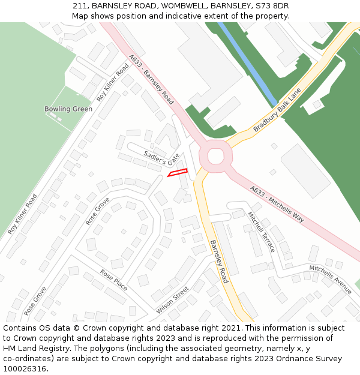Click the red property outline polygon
[x=178, y=173]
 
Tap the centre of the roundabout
[x=215, y=157]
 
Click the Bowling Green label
[x=68, y=109]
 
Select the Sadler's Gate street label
[x=161, y=158]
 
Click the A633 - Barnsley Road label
[x=151, y=80]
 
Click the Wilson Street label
[x=172, y=300]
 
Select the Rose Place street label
[x=113, y=280]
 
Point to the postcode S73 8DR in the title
[x=273, y=5]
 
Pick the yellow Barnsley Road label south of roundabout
[x=218, y=262]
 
